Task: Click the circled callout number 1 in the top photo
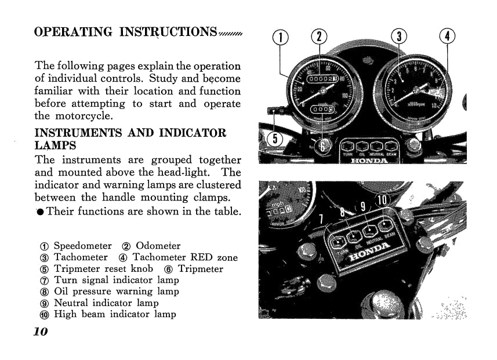(280, 37)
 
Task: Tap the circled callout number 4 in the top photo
(447, 37)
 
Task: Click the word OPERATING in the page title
(73, 32)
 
